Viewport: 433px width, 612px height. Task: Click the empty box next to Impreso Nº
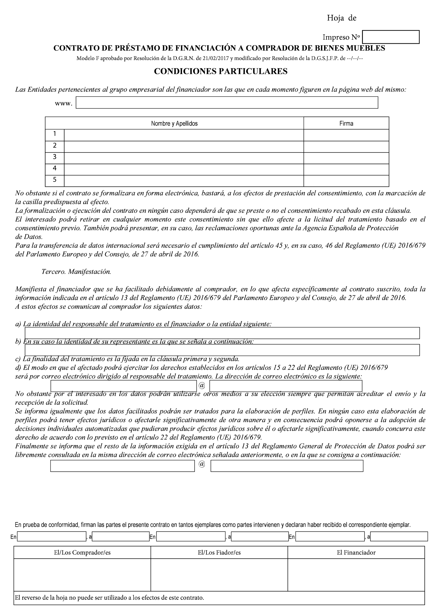(391, 37)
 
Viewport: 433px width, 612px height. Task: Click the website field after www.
(227, 103)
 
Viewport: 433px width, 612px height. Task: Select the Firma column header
(346, 123)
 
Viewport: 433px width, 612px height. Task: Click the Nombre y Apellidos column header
(174, 123)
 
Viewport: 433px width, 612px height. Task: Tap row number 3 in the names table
(55, 157)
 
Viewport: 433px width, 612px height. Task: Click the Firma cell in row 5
(346, 181)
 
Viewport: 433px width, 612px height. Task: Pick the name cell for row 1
(184, 135)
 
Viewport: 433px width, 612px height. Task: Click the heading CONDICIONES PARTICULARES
(221, 71)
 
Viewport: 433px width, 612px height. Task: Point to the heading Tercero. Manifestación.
(76, 272)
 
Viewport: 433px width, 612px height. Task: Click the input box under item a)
(222, 333)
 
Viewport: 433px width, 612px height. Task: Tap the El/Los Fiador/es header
(219, 552)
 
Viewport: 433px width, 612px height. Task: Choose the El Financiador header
(356, 552)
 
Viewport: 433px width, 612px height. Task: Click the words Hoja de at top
(341, 18)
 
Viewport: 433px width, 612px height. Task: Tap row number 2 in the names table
(55, 146)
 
